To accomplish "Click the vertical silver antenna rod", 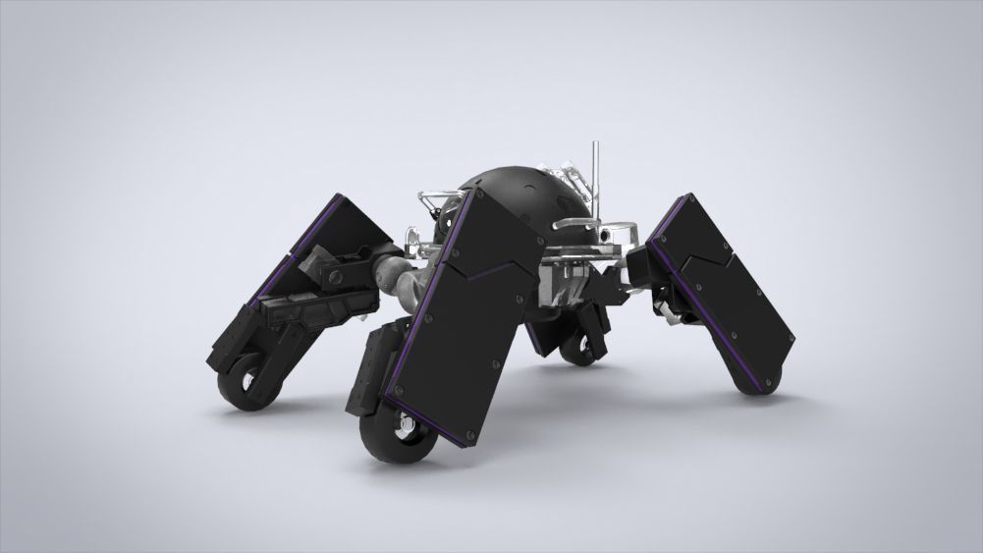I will coord(593,167).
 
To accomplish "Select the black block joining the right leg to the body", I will coord(643,265).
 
